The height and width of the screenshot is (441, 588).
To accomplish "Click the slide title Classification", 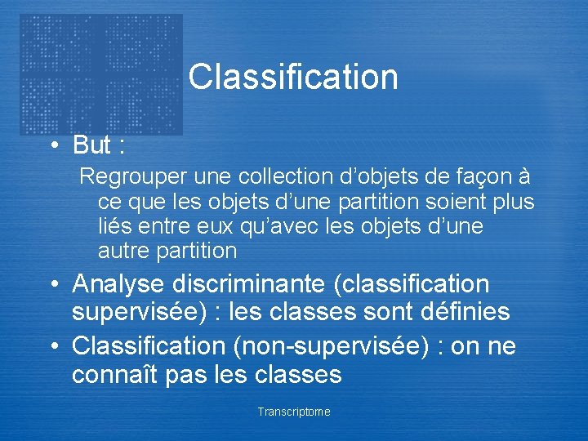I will tap(293, 78).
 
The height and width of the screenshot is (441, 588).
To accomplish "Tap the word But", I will tap(91, 145).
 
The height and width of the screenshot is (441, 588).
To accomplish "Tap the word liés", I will tap(114, 225).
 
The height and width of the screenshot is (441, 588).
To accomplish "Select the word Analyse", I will tap(119, 284).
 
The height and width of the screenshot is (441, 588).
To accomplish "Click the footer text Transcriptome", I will tap(294, 412).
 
